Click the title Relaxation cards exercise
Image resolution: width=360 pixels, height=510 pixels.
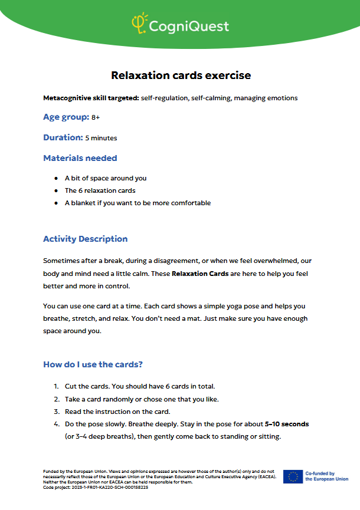181,75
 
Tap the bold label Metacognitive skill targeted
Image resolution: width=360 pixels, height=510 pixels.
90,98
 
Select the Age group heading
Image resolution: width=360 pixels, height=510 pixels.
66,117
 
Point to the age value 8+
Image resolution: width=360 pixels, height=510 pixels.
96,118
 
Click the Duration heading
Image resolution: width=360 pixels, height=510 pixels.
63,137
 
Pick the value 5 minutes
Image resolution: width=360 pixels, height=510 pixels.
101,139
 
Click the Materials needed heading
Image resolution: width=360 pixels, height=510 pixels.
80,158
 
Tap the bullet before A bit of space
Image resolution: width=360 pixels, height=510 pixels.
55,178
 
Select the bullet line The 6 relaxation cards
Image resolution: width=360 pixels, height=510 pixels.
100,190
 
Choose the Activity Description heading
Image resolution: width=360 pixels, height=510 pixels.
85,239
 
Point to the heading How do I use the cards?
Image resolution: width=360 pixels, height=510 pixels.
93,364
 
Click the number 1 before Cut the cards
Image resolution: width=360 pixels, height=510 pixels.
55,386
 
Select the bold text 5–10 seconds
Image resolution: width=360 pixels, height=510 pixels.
287,424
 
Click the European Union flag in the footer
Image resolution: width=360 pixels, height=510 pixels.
293,476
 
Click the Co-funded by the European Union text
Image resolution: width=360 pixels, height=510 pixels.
326,476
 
